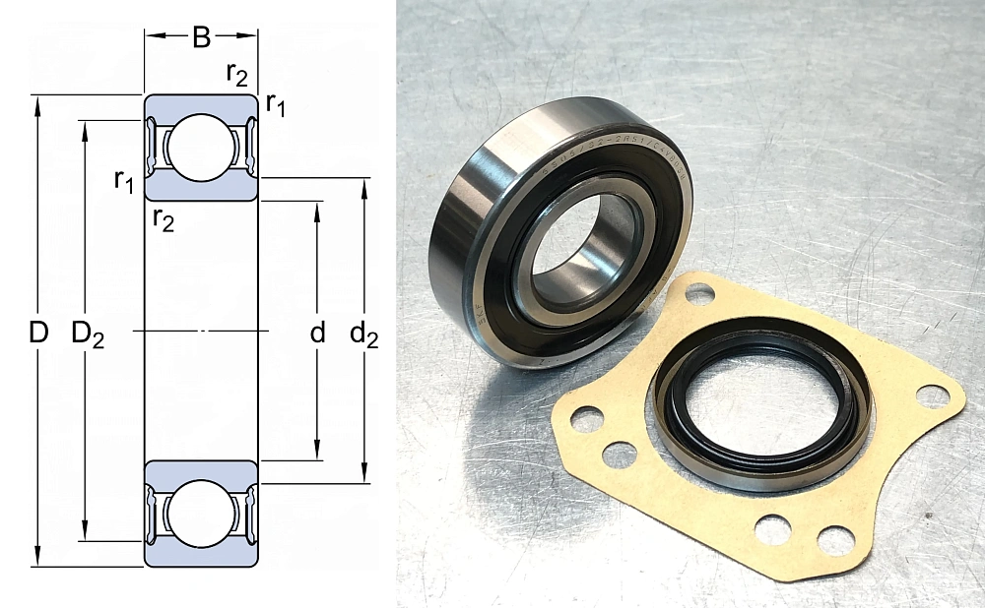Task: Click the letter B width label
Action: pos(201,38)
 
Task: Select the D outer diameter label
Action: pos(37,334)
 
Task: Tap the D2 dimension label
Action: pos(88,334)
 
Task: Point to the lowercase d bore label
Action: pos(317,334)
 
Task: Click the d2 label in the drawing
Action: pos(364,334)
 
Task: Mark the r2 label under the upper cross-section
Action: pos(164,219)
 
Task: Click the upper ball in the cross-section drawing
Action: pos(202,148)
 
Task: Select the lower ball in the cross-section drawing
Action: pos(202,513)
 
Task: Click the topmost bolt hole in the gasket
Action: pos(699,292)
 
